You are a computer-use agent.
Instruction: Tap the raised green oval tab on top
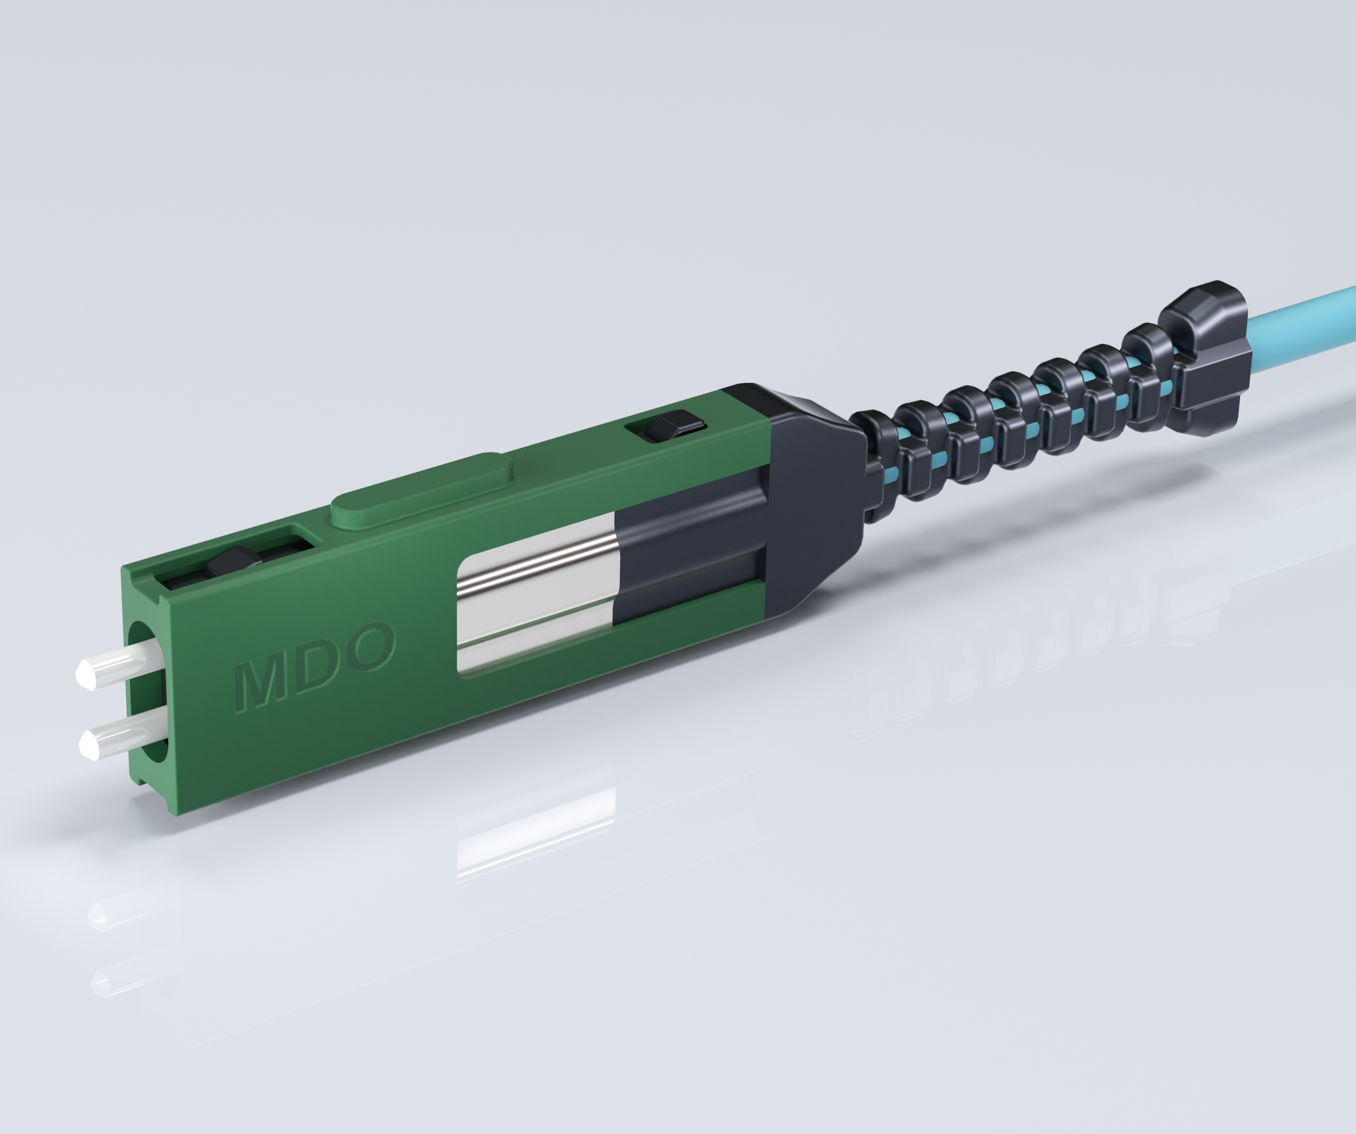(x=422, y=488)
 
